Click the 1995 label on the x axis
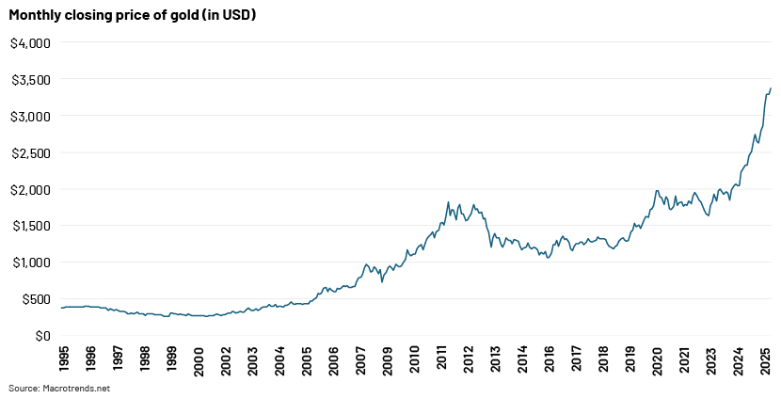pyautogui.click(x=63, y=362)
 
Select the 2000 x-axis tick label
pyautogui.click(x=198, y=362)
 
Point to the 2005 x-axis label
pyautogui.click(x=306, y=362)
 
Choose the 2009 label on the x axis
pyautogui.click(x=387, y=362)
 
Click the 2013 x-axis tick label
pyautogui.click(x=495, y=362)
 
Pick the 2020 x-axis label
pyautogui.click(x=658, y=362)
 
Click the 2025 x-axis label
pyautogui.click(x=766, y=362)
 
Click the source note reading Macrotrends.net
pyautogui.click(x=59, y=388)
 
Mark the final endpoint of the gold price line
pyautogui.click(x=771, y=89)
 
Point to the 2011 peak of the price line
pyautogui.click(x=448, y=201)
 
